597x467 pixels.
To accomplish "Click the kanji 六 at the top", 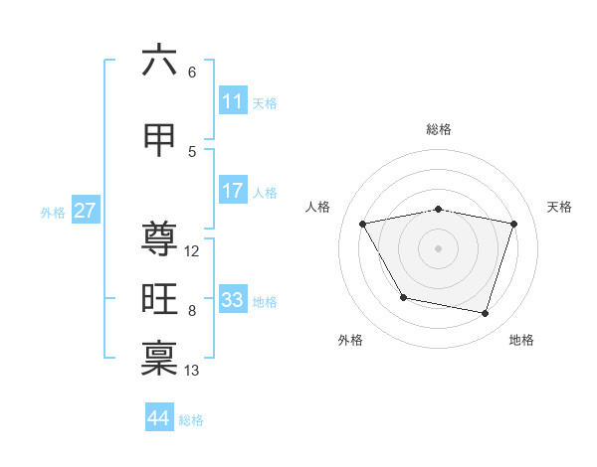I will point(159,61).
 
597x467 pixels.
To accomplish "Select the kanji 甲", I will point(159,140).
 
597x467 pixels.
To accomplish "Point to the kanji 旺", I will point(159,299).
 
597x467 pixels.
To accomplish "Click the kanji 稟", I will point(159,359).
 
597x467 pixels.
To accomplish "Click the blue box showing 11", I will point(233,101).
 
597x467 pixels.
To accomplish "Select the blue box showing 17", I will point(233,191).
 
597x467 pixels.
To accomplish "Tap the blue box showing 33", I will point(233,300).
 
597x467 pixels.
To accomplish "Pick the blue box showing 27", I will point(86,211).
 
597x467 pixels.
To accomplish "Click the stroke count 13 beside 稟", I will point(193,371).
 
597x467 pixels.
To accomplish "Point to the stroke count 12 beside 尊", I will point(192,251).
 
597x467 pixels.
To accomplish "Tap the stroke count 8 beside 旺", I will point(192,311).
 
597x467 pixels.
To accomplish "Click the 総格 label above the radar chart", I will point(439,129).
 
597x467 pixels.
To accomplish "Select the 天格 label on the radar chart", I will point(559,207).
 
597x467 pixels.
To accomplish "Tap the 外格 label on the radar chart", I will point(350,340).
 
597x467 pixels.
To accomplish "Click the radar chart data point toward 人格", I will point(363,225).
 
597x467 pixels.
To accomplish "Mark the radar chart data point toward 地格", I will point(485,314).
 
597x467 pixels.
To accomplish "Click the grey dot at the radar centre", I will point(439,248).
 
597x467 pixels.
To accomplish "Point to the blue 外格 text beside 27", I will point(53,212).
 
